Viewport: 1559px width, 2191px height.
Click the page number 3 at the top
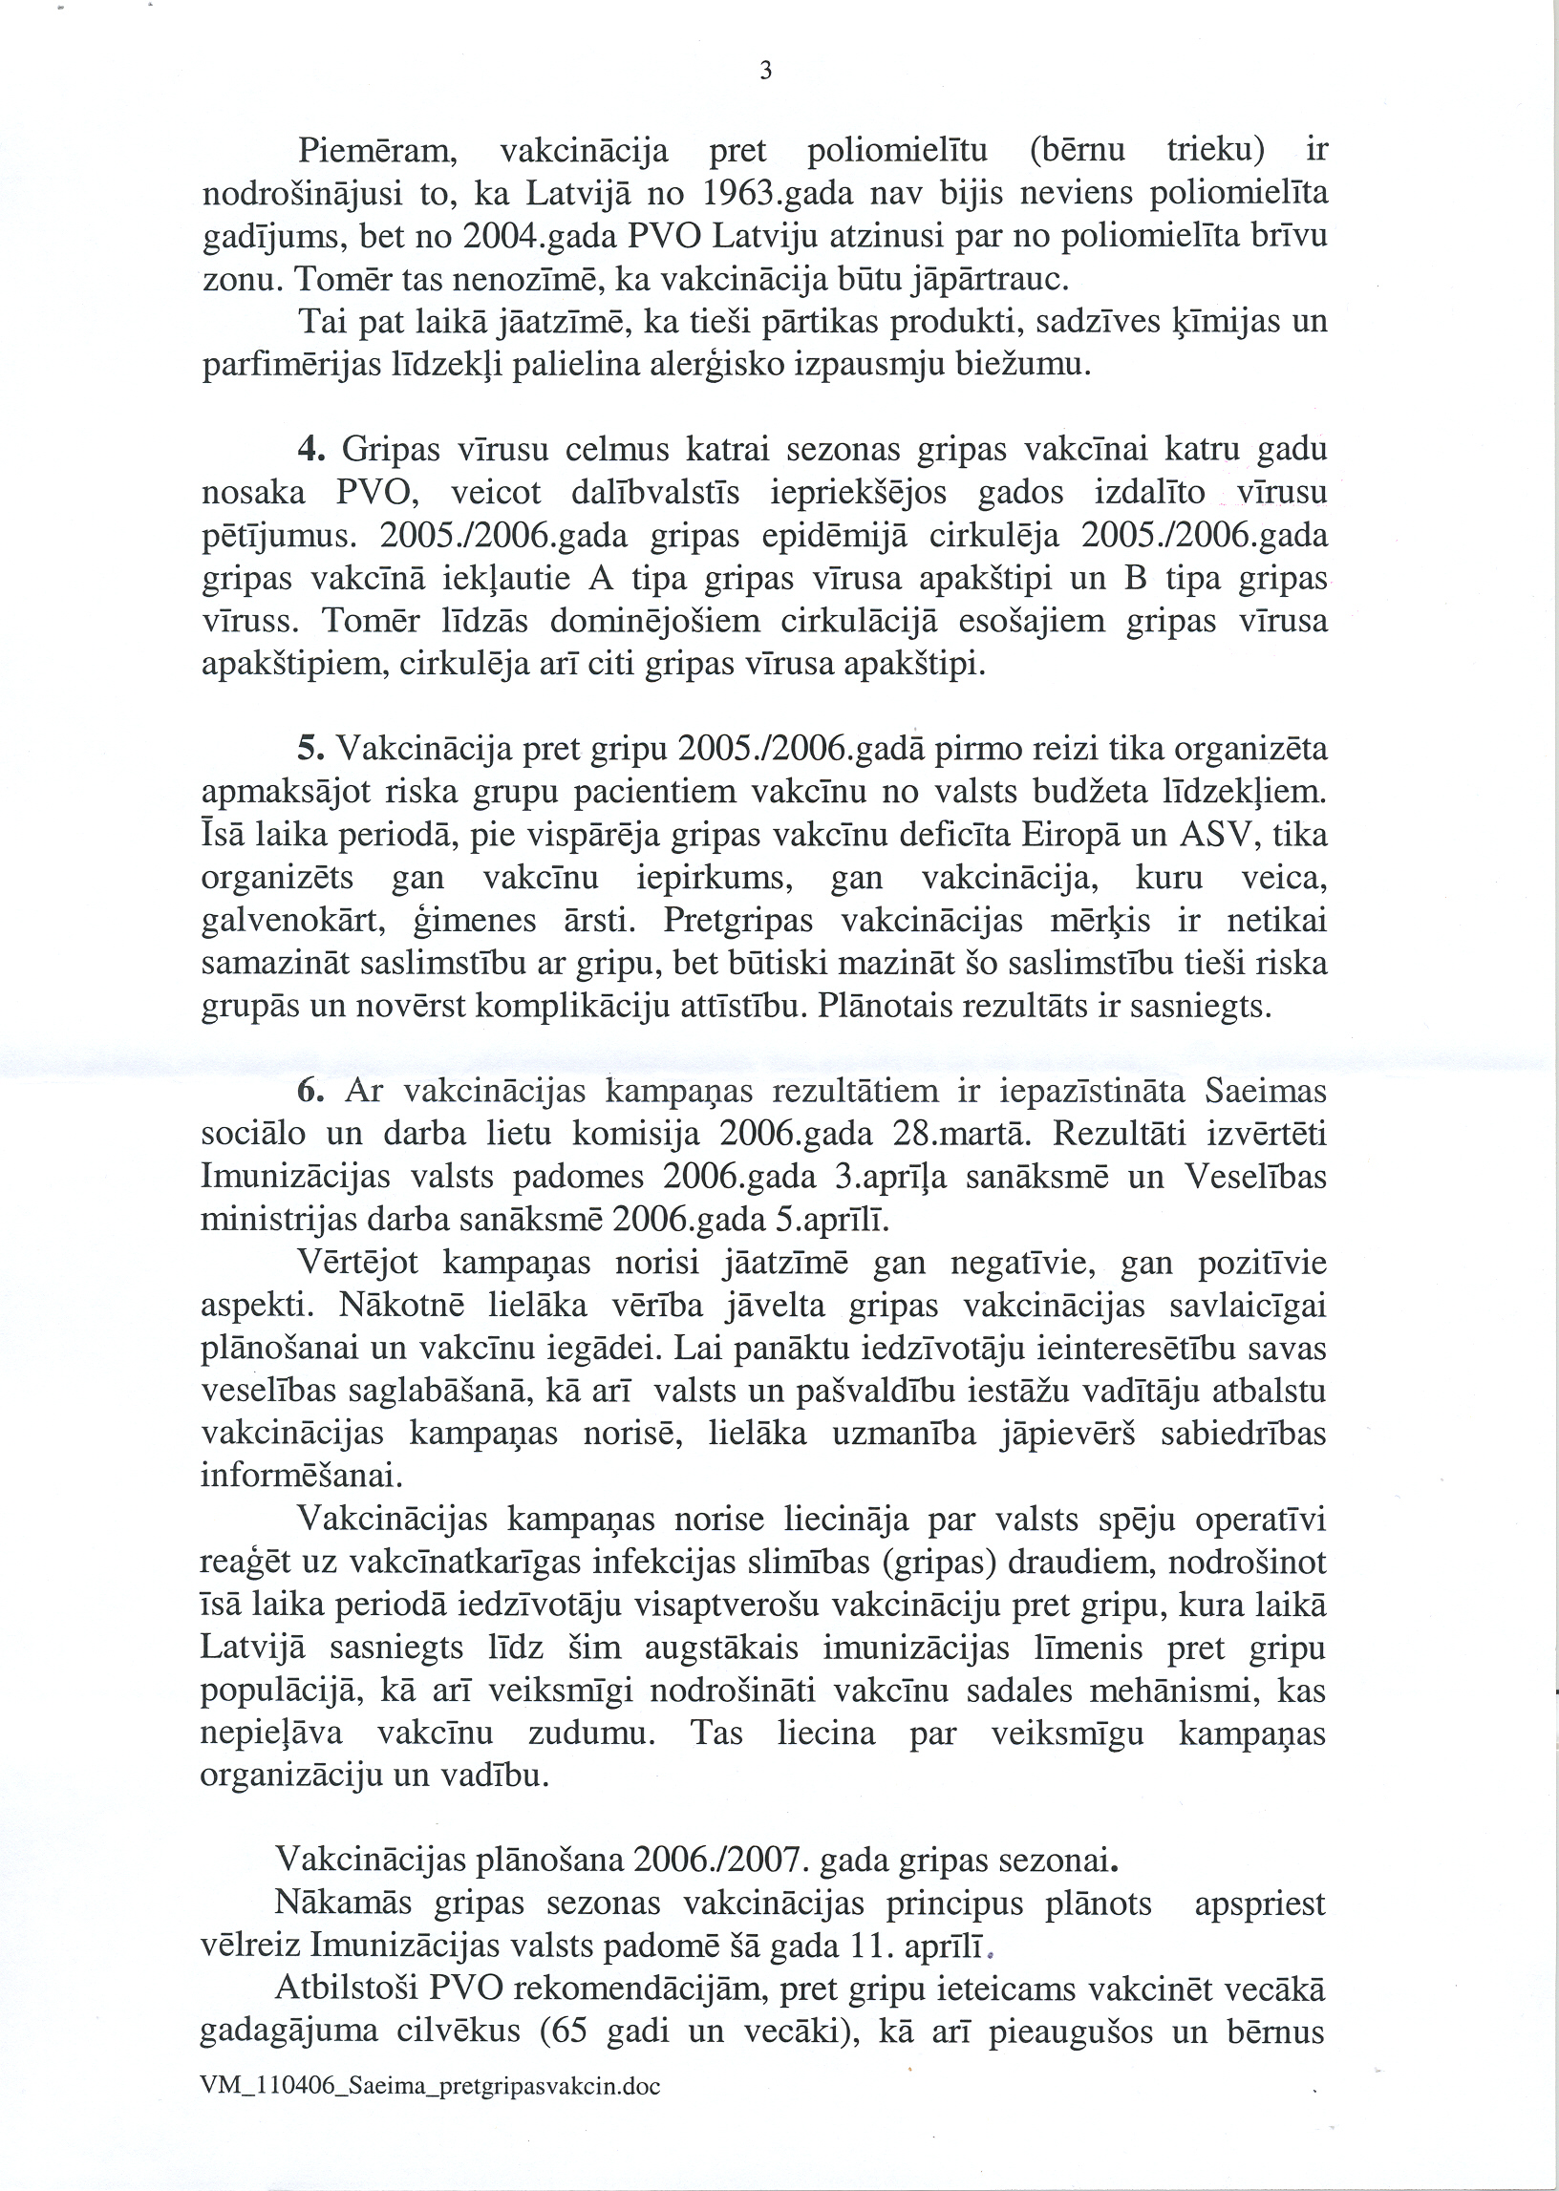[765, 71]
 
